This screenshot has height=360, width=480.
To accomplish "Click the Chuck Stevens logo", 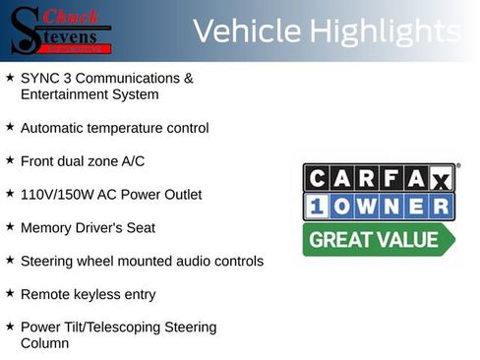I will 62,30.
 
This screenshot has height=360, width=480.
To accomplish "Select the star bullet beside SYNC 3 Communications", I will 10,76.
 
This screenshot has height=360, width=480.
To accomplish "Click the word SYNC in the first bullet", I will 38,78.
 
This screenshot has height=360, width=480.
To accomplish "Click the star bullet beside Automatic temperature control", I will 10,127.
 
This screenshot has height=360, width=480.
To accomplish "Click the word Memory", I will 45,228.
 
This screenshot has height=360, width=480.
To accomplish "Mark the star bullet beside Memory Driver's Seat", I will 10,226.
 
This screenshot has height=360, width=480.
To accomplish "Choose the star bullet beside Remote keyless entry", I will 10,292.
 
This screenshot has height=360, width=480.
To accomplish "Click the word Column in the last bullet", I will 44,343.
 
